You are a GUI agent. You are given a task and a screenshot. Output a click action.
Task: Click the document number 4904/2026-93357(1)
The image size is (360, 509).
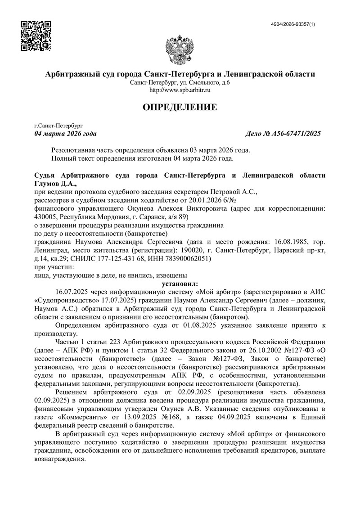299,24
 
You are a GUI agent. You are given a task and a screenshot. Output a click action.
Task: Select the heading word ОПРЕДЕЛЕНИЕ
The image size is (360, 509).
180,107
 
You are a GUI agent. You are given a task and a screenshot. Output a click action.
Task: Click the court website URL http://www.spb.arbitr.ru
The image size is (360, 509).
180,90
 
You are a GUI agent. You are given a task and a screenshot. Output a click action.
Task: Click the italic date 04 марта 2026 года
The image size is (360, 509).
66,134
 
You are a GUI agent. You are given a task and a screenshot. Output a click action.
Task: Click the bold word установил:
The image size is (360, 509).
180,284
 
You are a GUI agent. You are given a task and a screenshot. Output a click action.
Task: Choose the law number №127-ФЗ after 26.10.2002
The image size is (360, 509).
288,351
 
